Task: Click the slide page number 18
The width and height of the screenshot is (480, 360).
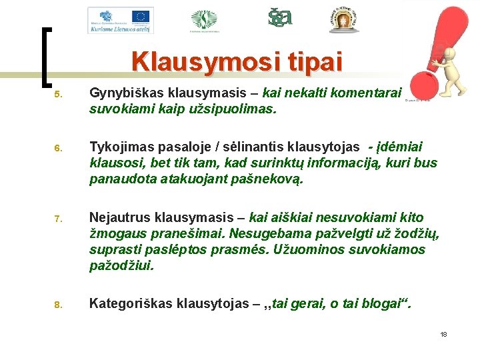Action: tap(443, 334)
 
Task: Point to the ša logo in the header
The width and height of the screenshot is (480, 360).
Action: tap(279, 17)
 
